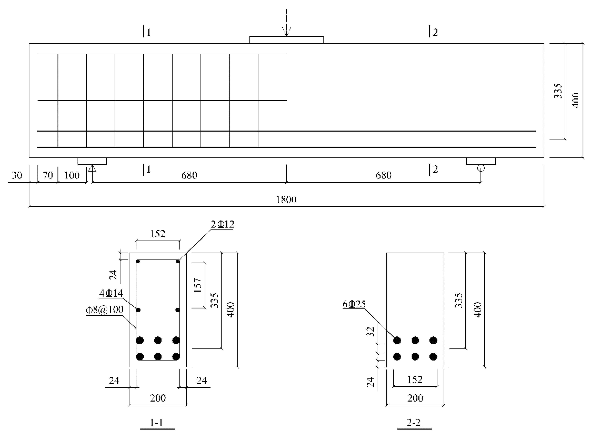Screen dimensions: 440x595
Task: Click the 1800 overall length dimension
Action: click(286, 200)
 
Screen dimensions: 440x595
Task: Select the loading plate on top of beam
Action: click(287, 40)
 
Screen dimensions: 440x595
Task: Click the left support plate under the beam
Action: click(92, 161)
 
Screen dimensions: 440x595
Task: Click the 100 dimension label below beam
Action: click(72, 175)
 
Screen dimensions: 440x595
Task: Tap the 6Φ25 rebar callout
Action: click(354, 304)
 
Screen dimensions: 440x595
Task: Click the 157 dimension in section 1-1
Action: click(198, 285)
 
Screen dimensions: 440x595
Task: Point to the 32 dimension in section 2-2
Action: click(371, 332)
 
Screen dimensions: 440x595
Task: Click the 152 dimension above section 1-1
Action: click(158, 234)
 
